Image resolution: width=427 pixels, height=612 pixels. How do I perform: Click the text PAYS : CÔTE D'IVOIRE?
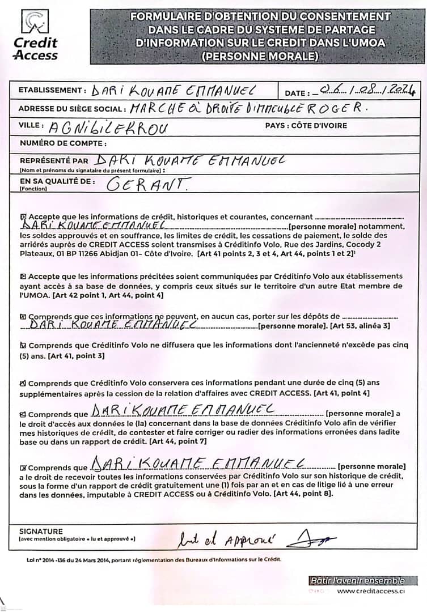click(x=306, y=125)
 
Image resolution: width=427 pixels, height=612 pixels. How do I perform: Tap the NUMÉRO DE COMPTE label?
click(x=63, y=143)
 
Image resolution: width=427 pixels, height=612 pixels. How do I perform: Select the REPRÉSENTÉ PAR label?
click(x=54, y=160)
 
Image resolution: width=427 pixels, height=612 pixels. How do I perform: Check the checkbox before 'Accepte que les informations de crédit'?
click(x=23, y=216)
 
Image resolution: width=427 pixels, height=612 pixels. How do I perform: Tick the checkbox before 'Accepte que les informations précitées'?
click(x=23, y=277)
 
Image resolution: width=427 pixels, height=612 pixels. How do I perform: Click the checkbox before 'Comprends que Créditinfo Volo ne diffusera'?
click(x=23, y=345)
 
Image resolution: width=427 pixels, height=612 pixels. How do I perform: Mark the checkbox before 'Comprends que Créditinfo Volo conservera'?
click(x=23, y=383)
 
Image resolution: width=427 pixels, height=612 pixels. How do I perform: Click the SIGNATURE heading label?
click(x=41, y=532)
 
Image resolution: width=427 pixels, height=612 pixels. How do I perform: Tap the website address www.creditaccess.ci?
click(x=371, y=591)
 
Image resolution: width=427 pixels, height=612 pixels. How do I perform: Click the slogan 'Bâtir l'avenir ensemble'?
click(x=357, y=580)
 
